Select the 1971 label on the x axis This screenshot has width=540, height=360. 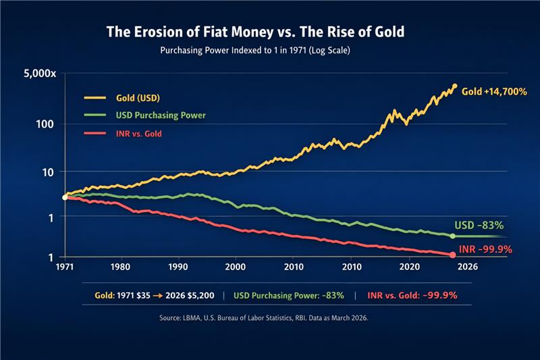[x=65, y=267]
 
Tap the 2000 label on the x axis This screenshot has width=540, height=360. [x=236, y=267]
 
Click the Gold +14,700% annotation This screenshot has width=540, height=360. [x=494, y=91]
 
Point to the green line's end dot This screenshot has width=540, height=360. [x=452, y=236]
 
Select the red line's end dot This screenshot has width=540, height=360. [x=452, y=255]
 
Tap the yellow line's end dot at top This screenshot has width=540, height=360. [x=454, y=86]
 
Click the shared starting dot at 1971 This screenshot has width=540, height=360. [x=65, y=197]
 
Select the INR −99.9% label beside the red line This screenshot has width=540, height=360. [x=485, y=249]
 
